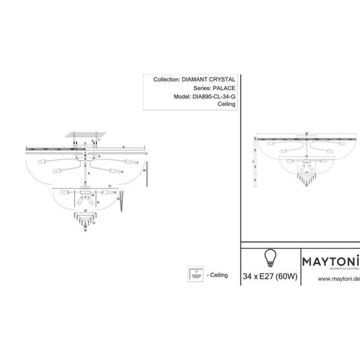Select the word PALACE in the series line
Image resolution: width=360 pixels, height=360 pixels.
click(222, 88)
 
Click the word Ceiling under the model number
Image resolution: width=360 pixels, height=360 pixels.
click(226, 104)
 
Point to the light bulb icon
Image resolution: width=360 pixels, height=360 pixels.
click(269, 259)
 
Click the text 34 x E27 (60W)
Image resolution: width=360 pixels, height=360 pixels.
click(269, 277)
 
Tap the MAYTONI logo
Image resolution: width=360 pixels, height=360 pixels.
click(329, 262)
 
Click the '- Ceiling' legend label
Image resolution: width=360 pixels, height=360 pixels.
click(217, 275)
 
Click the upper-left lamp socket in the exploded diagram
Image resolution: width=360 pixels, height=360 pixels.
click(42, 162)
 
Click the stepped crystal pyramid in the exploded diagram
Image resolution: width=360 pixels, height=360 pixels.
click(84, 218)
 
